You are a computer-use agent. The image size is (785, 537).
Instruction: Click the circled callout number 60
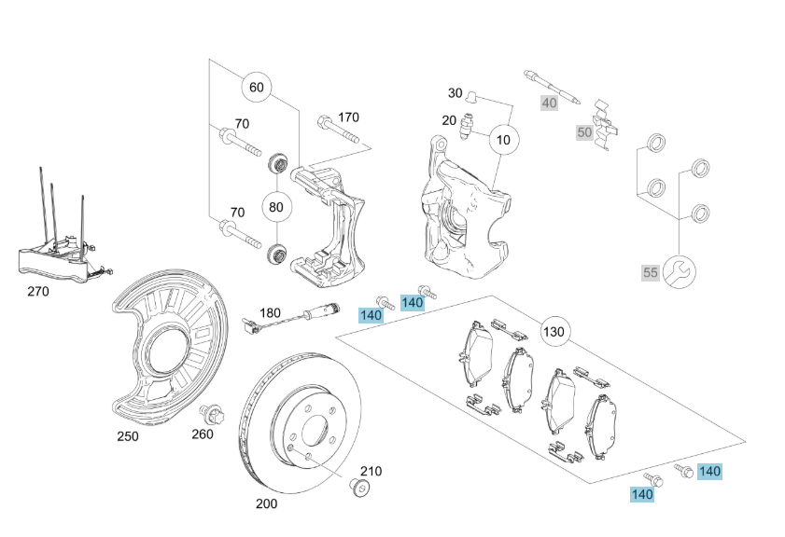257,89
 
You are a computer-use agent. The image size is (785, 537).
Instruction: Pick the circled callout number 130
554,332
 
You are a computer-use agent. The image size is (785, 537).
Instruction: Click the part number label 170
348,117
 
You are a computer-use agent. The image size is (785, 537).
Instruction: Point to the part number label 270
37,291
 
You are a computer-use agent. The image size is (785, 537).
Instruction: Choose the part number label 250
127,435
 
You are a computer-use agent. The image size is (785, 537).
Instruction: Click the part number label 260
203,434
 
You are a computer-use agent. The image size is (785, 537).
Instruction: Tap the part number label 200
266,503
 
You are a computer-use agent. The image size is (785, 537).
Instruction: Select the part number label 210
371,472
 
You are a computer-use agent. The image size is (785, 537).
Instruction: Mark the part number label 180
270,313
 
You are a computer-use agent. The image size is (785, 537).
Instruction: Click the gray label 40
549,103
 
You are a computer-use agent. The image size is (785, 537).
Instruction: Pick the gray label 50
584,132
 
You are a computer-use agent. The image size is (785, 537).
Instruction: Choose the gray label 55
651,273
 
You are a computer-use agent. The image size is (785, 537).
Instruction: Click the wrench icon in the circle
678,271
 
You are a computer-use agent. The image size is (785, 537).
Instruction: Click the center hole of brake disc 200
315,434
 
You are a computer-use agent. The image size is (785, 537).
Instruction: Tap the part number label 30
455,93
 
